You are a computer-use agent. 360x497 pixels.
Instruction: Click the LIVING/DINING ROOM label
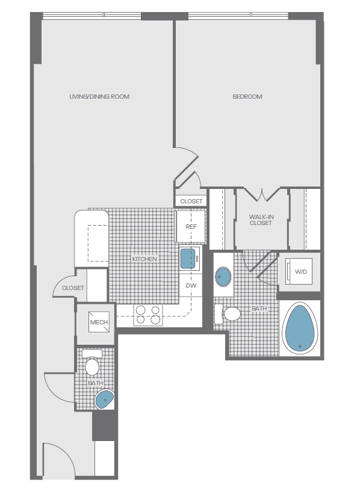(99, 97)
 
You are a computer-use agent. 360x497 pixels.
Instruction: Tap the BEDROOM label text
(247, 97)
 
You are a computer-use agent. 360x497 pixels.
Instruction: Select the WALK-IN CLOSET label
(261, 220)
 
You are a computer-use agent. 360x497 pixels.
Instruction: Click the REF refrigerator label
(191, 227)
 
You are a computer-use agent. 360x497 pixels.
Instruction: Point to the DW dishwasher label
(191, 286)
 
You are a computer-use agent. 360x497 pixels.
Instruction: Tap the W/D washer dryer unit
(299, 271)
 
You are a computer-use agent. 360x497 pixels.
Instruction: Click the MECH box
(99, 322)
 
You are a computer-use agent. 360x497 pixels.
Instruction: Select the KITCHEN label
(144, 259)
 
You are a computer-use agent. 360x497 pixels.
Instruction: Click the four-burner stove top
(148, 315)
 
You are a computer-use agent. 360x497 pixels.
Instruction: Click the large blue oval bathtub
(300, 327)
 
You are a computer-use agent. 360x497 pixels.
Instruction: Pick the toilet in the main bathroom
(228, 314)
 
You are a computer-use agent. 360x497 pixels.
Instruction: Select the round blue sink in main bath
(223, 276)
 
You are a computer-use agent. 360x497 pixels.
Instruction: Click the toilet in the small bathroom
(92, 362)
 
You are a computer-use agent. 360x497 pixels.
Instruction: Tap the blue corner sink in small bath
(104, 400)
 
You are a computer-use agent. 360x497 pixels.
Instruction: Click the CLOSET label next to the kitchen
(73, 288)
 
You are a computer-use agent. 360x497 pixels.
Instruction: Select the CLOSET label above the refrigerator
(191, 202)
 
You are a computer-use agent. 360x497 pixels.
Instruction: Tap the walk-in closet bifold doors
(262, 194)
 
